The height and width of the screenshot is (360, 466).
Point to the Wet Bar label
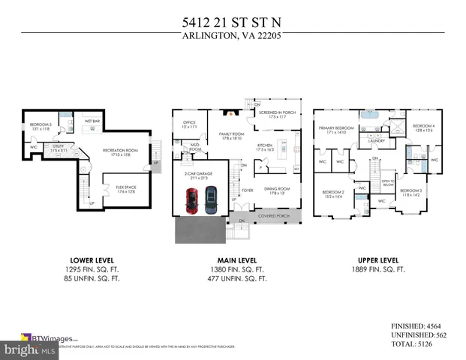point(93,120)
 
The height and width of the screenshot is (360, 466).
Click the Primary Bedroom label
point(335,129)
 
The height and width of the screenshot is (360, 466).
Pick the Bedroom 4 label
point(423,127)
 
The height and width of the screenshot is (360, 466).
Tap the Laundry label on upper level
point(377,140)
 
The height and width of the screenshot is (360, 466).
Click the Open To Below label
point(387,182)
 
